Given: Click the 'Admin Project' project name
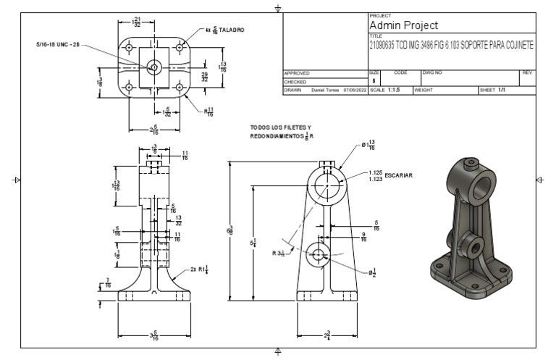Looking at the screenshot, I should point(403,25).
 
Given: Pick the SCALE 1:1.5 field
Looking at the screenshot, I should point(389,91).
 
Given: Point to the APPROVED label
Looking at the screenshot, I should point(297,73).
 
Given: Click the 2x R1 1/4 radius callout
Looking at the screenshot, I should point(199,269).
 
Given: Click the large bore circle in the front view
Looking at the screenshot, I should point(327,185).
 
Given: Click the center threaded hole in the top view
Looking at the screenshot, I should point(153,67).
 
